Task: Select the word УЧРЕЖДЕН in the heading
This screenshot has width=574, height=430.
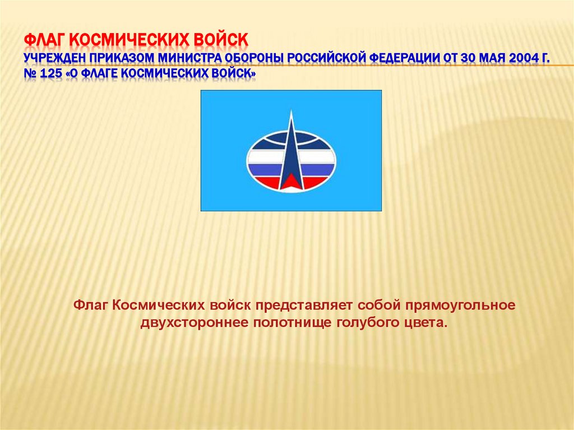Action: [55, 58]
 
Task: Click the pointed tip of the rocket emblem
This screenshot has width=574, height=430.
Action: [291, 112]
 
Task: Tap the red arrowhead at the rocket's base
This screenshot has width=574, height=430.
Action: [291, 181]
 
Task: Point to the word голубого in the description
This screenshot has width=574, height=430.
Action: [368, 323]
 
